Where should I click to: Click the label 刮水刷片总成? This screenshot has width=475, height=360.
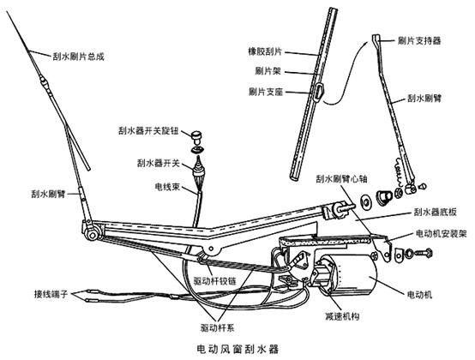pyautogui.click(x=79, y=57)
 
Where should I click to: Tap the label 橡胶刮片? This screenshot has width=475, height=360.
pyautogui.click(x=265, y=51)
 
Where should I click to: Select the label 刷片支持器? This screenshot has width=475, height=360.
pyautogui.click(x=419, y=40)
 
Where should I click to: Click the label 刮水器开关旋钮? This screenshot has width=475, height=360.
pyautogui.click(x=148, y=131)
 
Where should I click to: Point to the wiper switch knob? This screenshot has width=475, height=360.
pyautogui.click(x=196, y=136)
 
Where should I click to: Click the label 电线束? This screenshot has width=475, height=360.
pyautogui.click(x=167, y=187)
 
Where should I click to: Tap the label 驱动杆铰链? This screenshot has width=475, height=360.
pyautogui.click(x=214, y=281)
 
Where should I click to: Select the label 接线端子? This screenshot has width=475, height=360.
pyautogui.click(x=51, y=294)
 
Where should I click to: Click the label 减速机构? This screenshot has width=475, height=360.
pyautogui.click(x=342, y=316)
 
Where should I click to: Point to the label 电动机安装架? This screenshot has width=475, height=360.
pyautogui.click(x=442, y=233)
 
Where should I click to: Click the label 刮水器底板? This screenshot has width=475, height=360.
pyautogui.click(x=435, y=213)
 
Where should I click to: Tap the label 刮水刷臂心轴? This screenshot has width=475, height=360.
pyautogui.click(x=341, y=178)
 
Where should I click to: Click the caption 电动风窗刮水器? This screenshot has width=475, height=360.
pyautogui.click(x=237, y=349)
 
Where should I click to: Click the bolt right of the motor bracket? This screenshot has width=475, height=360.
pyautogui.click(x=424, y=252)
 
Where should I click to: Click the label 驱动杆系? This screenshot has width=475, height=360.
pyautogui.click(x=217, y=327)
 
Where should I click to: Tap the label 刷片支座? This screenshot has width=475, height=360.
pyautogui.click(x=266, y=92)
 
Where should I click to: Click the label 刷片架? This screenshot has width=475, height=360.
pyautogui.click(x=268, y=71)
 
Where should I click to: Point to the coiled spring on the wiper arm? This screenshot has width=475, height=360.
pyautogui.click(x=398, y=171)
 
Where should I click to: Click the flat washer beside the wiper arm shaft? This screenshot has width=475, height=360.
pyautogui.click(x=366, y=202)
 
